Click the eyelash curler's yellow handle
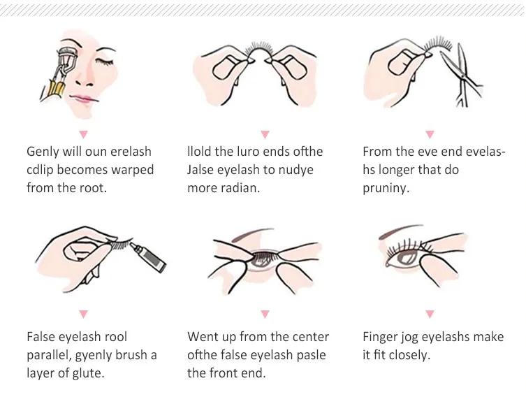[58, 88]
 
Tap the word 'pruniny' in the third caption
[386, 189]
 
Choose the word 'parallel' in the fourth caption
[49, 355]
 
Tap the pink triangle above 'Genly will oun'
[84, 135]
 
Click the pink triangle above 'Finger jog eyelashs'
[430, 314]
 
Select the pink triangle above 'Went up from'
[265, 314]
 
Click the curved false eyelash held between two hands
[259, 50]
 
